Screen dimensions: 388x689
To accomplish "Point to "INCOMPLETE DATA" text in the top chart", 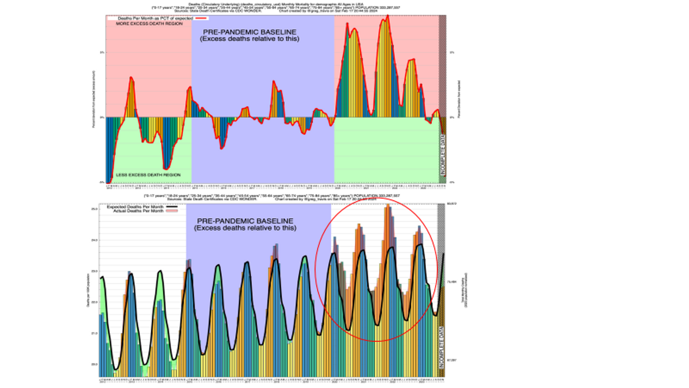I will [443, 157].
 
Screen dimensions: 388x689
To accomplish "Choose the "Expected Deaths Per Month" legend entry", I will [135, 206].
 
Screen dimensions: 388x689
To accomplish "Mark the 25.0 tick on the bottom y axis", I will [94, 209].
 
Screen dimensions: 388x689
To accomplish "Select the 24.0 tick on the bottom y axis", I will [94, 240].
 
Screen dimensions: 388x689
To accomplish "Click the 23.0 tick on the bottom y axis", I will [94, 271].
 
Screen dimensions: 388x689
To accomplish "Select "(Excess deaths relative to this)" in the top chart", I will [249, 39].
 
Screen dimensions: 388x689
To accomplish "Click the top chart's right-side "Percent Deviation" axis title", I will [459, 100].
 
